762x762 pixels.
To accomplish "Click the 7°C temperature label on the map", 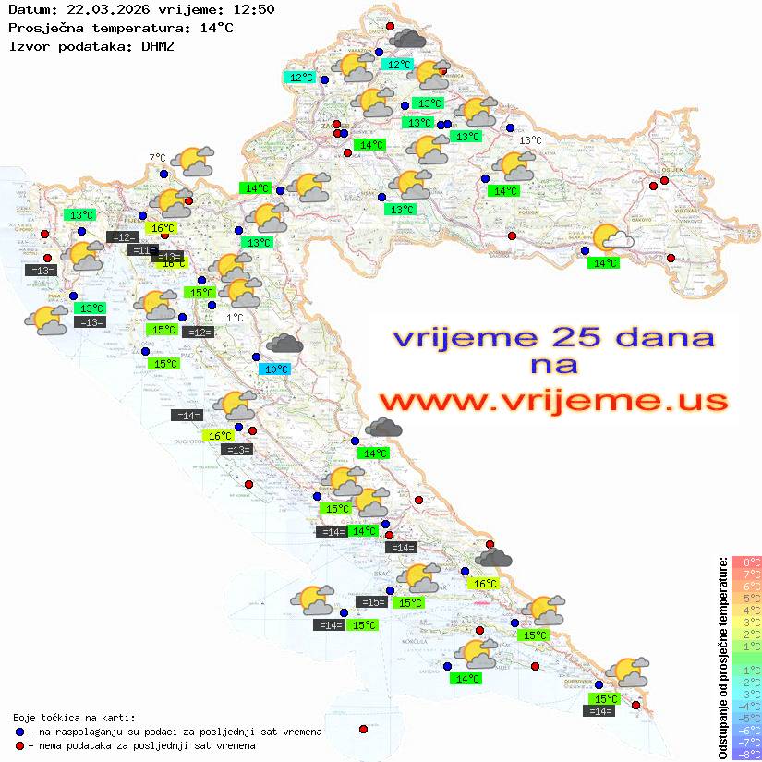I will pos(157,158).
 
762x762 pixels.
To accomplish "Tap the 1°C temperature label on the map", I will pos(235,318).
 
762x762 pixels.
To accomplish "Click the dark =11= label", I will pos(141,250).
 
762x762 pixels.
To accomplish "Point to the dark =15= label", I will pos(371,602).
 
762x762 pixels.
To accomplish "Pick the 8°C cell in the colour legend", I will pos(745,562).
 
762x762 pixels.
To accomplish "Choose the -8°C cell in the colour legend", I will pos(745,754).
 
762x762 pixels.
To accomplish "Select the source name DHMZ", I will pos(158,45).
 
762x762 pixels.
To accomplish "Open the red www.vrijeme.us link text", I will pos(552,401).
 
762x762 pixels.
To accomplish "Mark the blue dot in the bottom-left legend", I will pos(19,732).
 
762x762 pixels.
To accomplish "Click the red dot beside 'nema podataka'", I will pos(19,745).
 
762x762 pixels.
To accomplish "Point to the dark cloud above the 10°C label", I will pos(284,344).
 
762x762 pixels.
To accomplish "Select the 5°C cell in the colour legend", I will pos(745,598).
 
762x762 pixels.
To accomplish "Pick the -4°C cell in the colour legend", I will pos(745,706).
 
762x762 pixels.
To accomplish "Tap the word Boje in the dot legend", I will pos(25,717).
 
